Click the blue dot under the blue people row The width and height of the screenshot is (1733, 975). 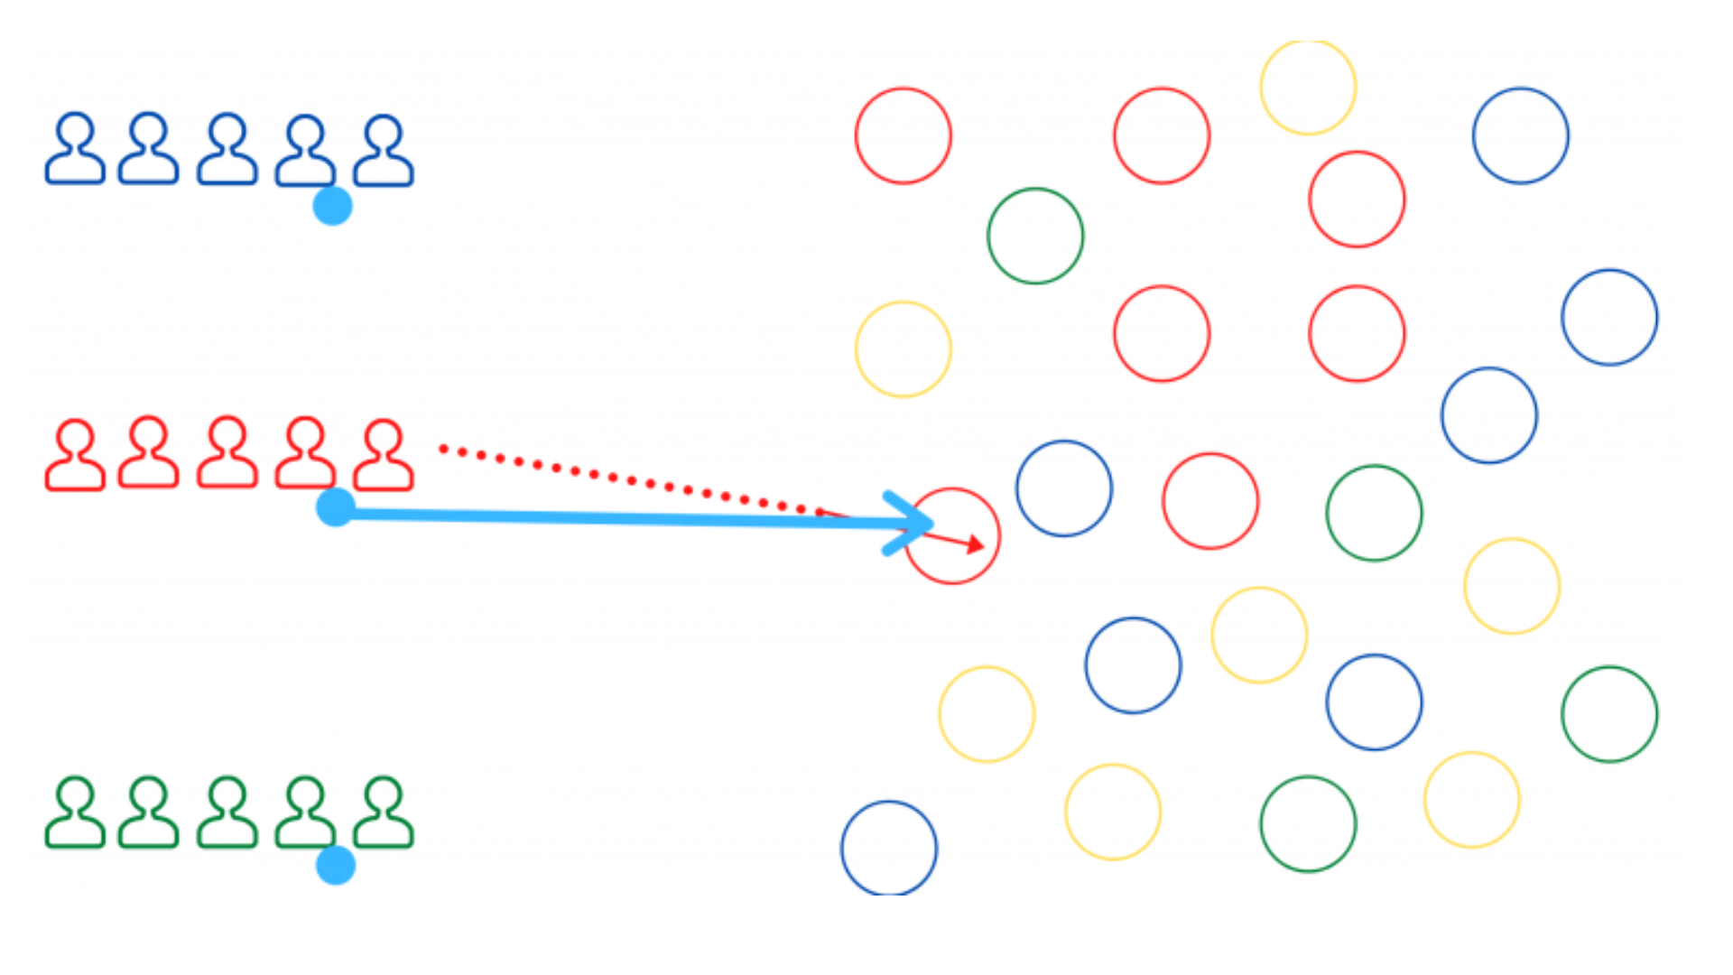[332, 206]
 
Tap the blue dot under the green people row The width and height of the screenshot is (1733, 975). [336, 865]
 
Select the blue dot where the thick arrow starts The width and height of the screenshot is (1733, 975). [336, 507]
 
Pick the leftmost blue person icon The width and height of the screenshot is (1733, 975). [76, 150]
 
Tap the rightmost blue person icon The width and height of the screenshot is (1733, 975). [384, 152]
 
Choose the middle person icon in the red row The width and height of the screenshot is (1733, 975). [227, 453]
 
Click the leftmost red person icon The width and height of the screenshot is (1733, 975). [76, 455]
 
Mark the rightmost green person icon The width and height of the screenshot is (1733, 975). [384, 812]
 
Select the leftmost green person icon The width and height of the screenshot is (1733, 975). [76, 812]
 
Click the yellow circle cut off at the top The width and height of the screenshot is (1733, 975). [1308, 87]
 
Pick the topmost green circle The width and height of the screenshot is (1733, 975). [1035, 236]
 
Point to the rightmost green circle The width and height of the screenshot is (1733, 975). [1609, 714]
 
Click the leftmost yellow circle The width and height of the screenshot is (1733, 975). [904, 349]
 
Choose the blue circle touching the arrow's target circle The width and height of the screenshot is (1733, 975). [1064, 488]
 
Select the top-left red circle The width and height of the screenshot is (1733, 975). [904, 135]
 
